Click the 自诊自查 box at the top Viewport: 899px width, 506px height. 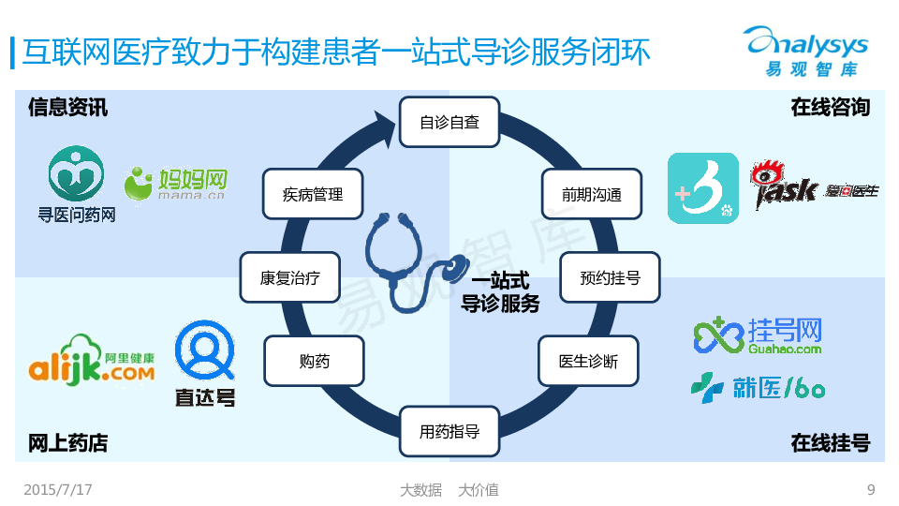coord(449,122)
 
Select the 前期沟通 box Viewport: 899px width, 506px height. coord(592,195)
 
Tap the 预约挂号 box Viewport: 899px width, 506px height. coord(610,277)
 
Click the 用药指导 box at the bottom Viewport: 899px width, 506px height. coord(449,432)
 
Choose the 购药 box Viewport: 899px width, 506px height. coord(314,361)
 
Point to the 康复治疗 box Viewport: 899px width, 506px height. coord(289,277)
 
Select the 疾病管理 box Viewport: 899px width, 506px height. coord(313,195)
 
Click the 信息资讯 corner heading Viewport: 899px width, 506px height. coord(67,108)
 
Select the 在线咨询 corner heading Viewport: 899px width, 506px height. coord(830,108)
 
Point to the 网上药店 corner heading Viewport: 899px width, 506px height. coord(67,443)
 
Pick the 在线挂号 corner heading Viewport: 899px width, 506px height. coord(830,443)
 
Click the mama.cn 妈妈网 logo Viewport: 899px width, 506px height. coord(177,184)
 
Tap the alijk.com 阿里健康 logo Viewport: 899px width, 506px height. coord(91,364)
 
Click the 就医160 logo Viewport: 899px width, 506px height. coord(758,386)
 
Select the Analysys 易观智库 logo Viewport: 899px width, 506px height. coord(806,52)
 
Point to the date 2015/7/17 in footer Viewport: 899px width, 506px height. coord(58,489)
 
